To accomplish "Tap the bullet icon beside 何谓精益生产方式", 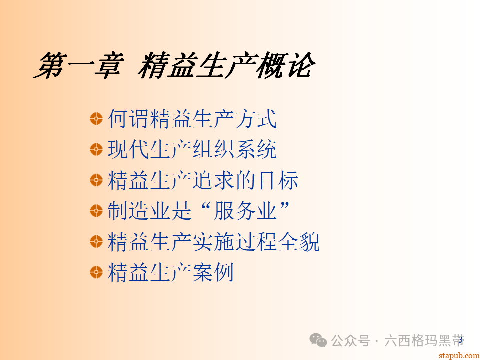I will [96, 119].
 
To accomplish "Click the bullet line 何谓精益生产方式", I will [192, 119].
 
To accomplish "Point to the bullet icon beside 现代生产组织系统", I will [96, 149].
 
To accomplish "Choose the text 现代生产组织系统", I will [192, 149].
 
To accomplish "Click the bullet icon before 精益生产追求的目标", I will [96, 180].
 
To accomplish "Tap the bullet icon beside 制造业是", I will [96, 211].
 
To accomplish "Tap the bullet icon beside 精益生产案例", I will [96, 273].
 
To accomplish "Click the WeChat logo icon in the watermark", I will [318, 340].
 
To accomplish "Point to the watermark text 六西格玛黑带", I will [423, 341].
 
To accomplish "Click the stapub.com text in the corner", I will [458, 355].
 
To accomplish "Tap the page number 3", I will [460, 340].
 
